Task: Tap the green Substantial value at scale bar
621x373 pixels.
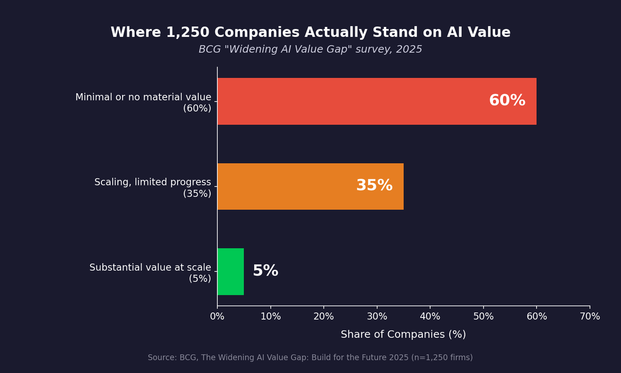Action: click(x=230, y=271)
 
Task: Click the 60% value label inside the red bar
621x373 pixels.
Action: click(x=507, y=101)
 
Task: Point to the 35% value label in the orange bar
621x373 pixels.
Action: click(x=374, y=186)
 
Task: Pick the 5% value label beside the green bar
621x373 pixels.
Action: click(x=265, y=271)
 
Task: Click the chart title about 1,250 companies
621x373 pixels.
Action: click(x=310, y=33)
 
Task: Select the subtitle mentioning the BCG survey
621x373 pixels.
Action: click(x=310, y=50)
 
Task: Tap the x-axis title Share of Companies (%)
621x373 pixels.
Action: click(x=403, y=335)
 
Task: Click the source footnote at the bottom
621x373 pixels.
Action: click(x=310, y=358)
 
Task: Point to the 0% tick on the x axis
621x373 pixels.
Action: click(x=217, y=317)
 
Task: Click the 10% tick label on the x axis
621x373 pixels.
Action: click(x=271, y=317)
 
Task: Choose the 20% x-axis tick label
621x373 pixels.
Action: click(x=324, y=317)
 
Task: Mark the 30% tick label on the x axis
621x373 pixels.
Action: click(x=377, y=317)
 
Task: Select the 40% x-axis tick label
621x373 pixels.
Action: click(x=430, y=317)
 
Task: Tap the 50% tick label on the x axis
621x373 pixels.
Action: click(x=483, y=317)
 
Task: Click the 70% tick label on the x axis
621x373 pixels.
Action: click(x=590, y=317)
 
